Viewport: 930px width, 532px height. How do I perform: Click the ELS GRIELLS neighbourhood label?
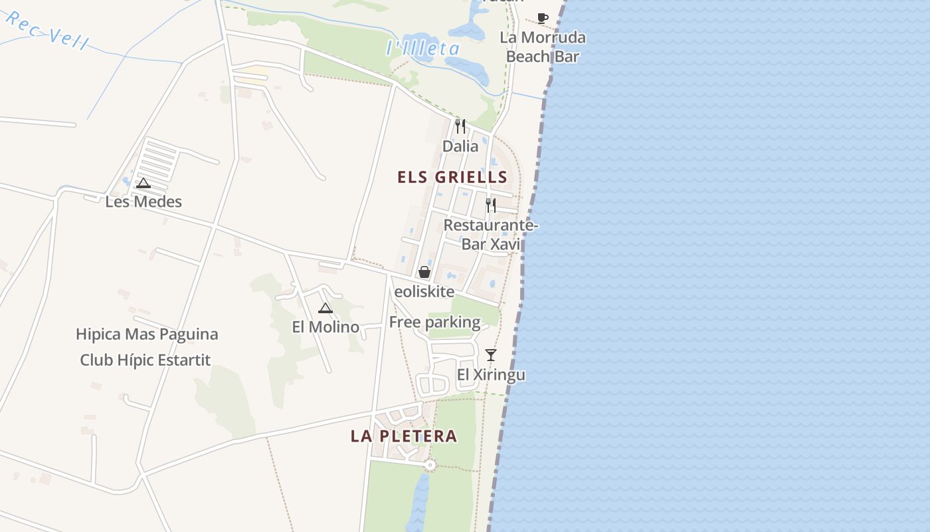[x=452, y=178]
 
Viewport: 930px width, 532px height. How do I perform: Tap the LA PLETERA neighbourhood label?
[x=404, y=436]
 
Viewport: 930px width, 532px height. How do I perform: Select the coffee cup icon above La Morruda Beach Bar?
[x=543, y=18]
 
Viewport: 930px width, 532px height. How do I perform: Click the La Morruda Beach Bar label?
[x=543, y=47]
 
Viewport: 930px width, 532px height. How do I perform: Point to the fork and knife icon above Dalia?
[x=460, y=126]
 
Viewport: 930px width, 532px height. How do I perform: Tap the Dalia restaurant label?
[x=460, y=146]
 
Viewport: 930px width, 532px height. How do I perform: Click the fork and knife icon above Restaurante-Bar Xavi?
[x=491, y=205]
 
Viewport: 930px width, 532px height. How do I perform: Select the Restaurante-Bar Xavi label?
[x=491, y=235]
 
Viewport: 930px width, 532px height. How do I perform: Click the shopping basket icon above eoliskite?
[x=424, y=272]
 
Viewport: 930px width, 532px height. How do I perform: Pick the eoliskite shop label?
[x=424, y=292]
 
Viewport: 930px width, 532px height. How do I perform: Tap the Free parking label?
[x=434, y=323]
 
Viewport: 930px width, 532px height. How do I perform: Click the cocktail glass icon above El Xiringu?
[x=491, y=355]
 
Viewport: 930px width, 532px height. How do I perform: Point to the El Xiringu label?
[x=491, y=375]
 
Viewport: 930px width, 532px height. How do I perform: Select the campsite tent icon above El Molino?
[x=325, y=307]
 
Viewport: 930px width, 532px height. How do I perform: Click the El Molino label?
[x=325, y=327]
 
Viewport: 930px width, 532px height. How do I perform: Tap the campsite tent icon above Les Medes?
[x=143, y=183]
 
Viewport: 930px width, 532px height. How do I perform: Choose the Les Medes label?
[x=143, y=201]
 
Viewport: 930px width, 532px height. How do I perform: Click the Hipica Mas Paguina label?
[x=147, y=334]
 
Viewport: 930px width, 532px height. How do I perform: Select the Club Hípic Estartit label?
[x=145, y=360]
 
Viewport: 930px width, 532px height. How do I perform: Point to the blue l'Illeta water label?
[x=423, y=49]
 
